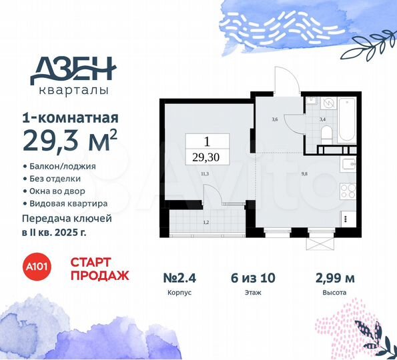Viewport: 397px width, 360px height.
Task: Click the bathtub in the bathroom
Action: pyautogui.click(x=347, y=119)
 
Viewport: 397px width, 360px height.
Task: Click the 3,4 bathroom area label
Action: pyautogui.click(x=323, y=120)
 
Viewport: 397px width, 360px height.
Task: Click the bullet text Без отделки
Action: pyautogui.click(x=61, y=179)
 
